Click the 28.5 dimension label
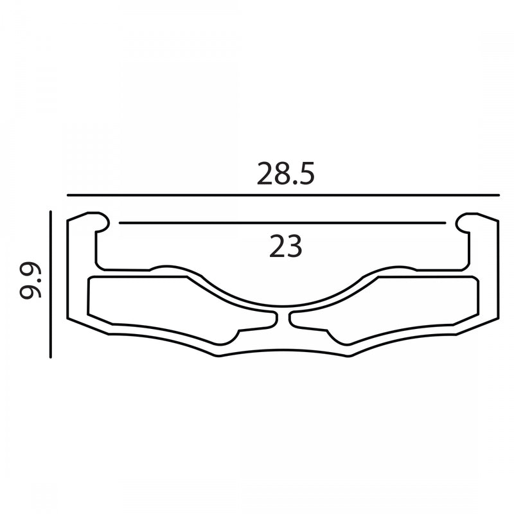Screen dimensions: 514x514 point(285,173)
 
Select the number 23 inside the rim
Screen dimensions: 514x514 point(285,246)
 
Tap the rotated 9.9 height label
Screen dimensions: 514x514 point(30,279)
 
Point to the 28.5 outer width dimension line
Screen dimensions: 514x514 point(283,195)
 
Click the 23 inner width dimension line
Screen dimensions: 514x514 point(282,223)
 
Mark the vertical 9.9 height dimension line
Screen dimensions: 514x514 point(51,284)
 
